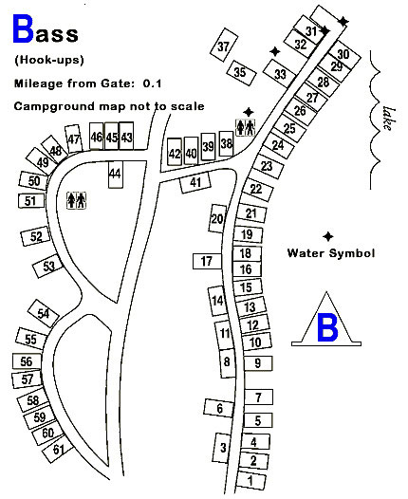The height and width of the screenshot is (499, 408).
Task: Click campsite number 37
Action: coord(224,46)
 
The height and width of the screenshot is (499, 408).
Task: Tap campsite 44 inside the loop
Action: coord(115,175)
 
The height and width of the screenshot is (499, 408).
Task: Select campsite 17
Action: coord(207,261)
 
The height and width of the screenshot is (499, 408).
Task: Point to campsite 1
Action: coord(251,480)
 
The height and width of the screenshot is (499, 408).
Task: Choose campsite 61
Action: coord(58,449)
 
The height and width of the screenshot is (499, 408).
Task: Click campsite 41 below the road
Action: coord(195,182)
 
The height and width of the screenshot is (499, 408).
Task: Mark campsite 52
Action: coord(36,236)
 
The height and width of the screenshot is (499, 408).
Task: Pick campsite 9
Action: coord(258,362)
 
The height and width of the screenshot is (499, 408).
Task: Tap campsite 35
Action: coord(241,72)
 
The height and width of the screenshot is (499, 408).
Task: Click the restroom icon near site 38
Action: coord(246,127)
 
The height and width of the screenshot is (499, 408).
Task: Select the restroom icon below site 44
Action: coord(76,200)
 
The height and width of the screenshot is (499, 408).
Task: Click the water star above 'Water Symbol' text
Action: coord(327,236)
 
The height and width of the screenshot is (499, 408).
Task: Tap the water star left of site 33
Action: coord(275,51)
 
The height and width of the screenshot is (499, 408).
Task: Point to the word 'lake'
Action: coord(388,119)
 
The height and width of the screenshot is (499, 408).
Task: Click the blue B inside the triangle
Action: coord(326,327)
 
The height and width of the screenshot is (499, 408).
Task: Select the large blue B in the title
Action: coord(23,28)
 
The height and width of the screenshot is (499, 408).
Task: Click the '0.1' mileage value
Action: coord(152,83)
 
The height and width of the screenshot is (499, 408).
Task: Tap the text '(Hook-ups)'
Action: coord(49,60)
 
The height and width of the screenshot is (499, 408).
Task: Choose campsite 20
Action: coord(217,218)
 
